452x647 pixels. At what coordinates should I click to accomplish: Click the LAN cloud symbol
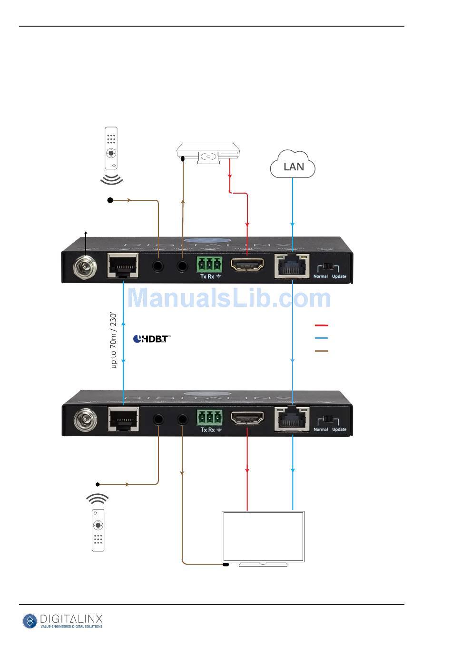(293, 165)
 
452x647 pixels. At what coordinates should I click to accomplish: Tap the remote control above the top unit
(111, 148)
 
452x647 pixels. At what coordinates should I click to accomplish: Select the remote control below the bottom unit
(98, 530)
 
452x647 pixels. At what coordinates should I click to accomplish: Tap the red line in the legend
(322, 325)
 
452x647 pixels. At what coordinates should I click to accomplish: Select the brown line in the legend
(322, 351)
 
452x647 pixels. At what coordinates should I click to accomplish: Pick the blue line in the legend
(322, 338)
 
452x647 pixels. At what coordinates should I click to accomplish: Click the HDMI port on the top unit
(247, 265)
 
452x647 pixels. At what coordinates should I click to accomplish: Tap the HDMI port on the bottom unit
(247, 419)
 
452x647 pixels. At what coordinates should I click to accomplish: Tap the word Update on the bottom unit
(339, 429)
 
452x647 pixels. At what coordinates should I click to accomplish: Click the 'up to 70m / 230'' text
(113, 340)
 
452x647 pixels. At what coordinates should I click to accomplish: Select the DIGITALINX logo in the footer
(63, 621)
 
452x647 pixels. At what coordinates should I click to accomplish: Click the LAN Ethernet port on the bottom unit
(292, 419)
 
